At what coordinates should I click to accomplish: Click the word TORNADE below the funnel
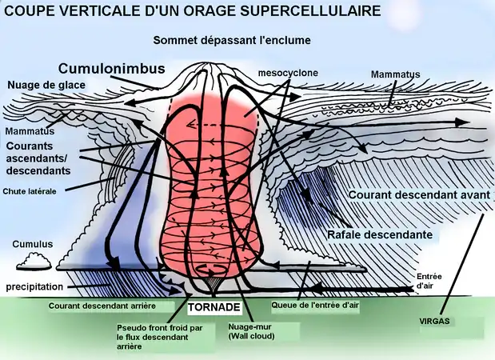pos(214,307)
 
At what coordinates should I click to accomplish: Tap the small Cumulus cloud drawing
pos(34,261)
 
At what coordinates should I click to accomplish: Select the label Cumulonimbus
pos(112,68)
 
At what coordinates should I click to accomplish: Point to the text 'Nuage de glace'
pos(46,85)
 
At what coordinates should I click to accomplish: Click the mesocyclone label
pos(288,73)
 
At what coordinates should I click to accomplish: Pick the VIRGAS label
pos(434,321)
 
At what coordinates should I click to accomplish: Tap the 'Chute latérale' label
pos(30,191)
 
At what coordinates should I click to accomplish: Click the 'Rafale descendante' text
pos(380,234)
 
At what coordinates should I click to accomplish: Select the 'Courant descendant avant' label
pos(419,195)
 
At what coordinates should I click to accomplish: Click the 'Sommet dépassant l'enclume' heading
pos(232,41)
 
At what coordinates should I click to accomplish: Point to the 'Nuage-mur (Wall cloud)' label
pos(252,331)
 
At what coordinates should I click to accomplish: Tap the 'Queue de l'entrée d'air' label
pos(315,305)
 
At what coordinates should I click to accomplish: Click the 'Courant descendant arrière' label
pos(102,306)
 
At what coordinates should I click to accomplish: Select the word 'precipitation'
pos(34,287)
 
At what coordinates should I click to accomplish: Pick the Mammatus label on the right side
pos(395,74)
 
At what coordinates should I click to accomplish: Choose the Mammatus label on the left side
pos(30,131)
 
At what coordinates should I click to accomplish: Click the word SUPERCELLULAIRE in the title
pos(310,10)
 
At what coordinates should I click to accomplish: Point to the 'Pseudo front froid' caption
pos(160,337)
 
